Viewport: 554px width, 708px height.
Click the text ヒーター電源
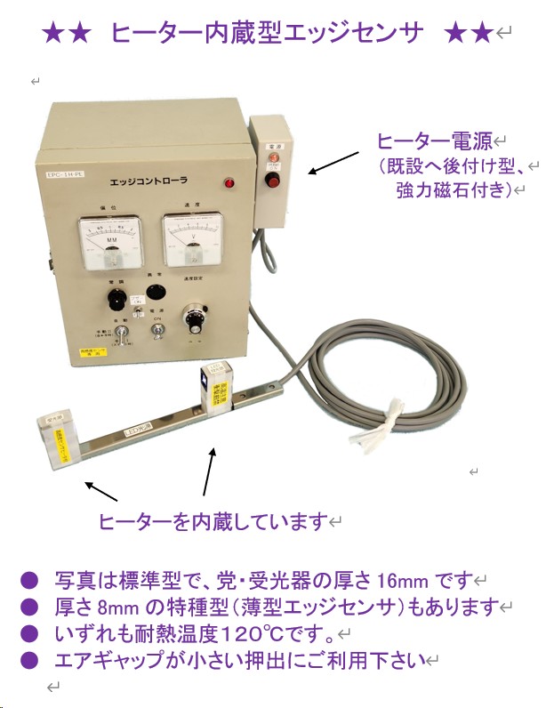434,141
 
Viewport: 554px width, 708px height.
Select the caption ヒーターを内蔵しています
213,522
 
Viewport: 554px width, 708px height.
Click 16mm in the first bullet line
400,581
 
